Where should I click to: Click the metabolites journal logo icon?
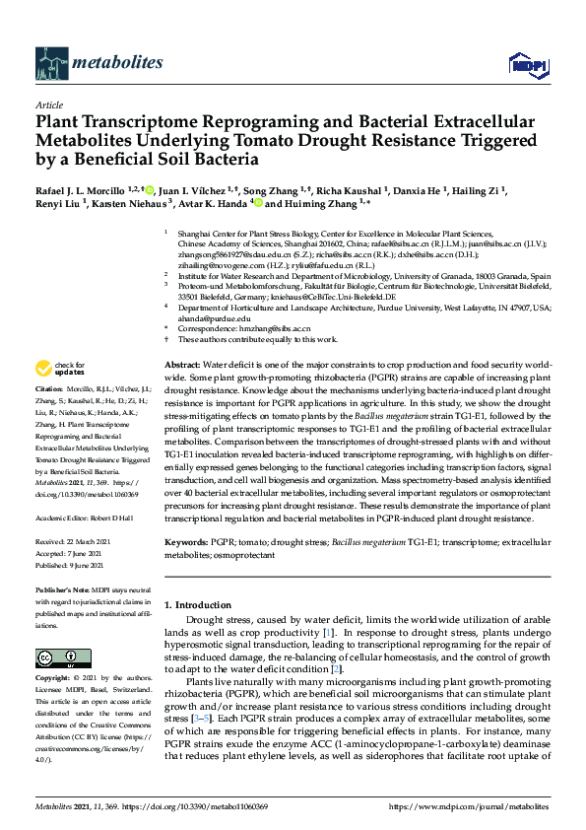pos(50,63)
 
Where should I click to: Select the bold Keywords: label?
pos(186,542)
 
